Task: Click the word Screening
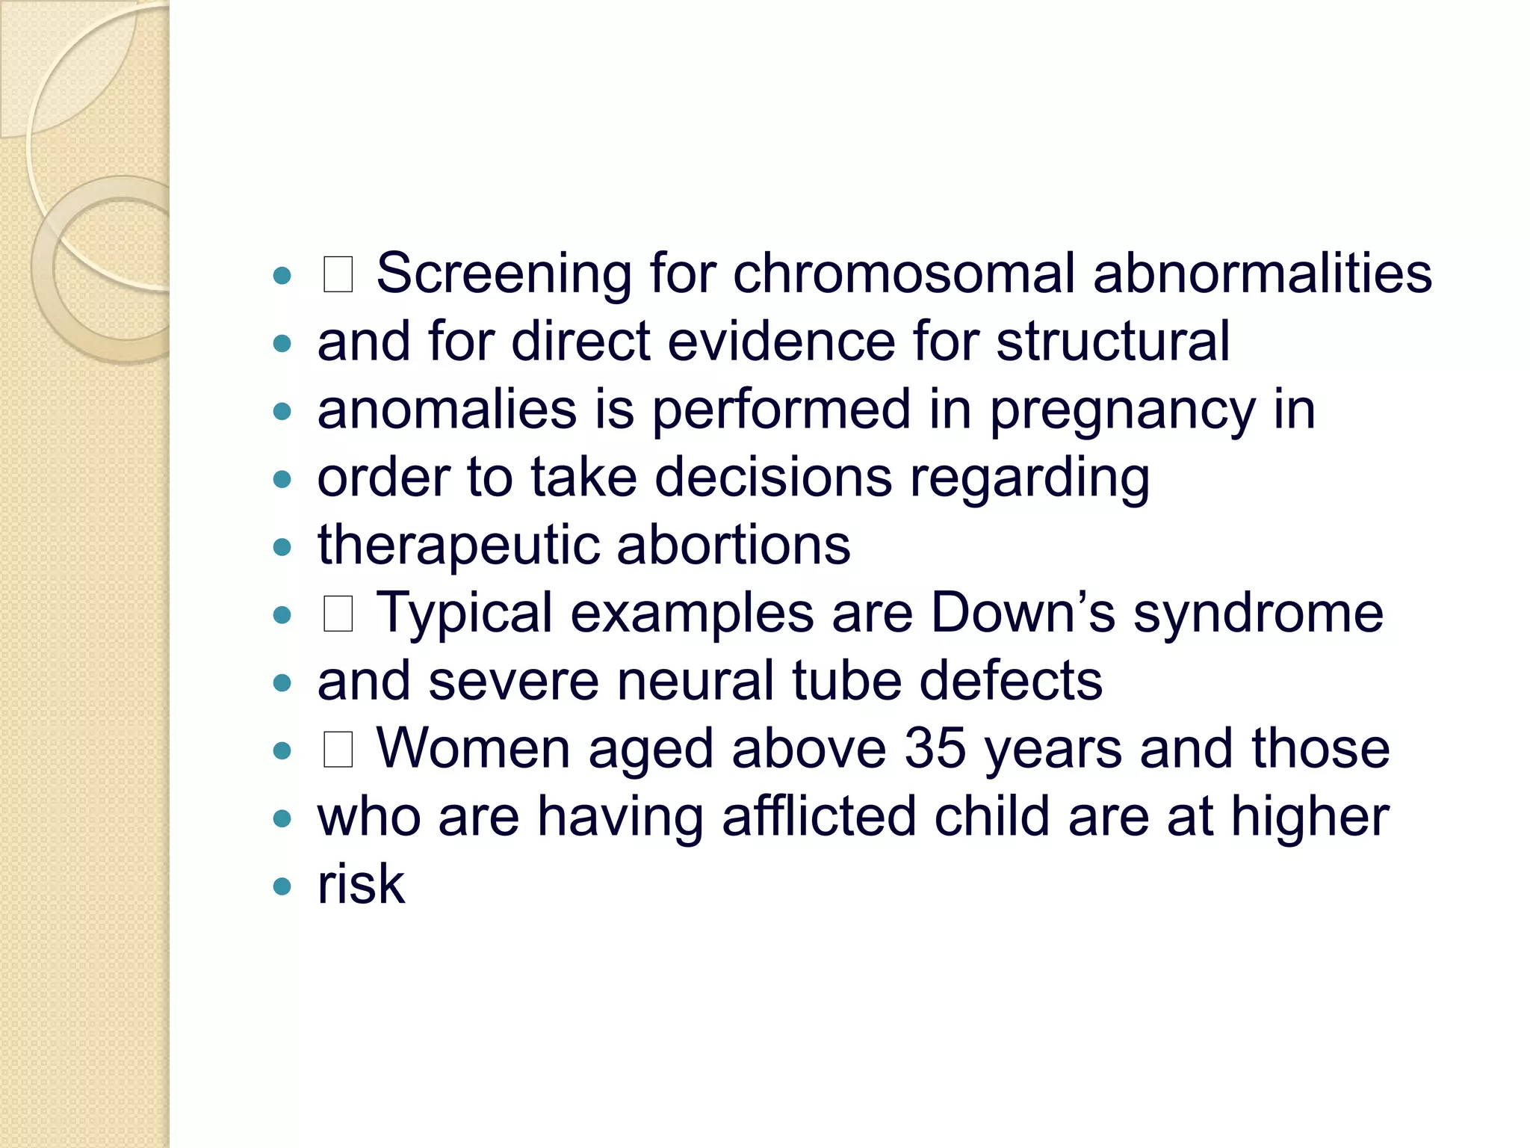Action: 504,274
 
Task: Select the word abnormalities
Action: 1262,274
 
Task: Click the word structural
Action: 1112,342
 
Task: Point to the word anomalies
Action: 447,410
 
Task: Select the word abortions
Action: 734,545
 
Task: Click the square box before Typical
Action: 338,614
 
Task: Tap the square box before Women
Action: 338,750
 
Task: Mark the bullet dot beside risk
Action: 282,886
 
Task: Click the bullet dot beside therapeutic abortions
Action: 282,547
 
